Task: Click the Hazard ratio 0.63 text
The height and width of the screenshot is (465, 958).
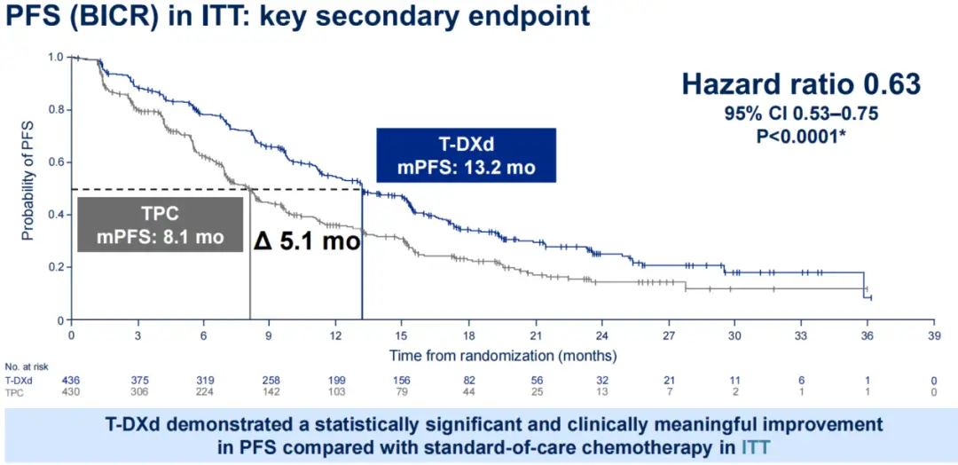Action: (x=800, y=83)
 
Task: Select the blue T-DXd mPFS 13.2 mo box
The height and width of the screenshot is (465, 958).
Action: (x=466, y=155)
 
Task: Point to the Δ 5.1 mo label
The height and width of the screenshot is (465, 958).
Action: (x=307, y=240)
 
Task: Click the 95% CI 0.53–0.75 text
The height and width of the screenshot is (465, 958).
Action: (x=800, y=116)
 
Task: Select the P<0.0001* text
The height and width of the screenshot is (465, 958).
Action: (x=800, y=136)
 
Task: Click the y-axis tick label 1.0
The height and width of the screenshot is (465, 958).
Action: (x=55, y=58)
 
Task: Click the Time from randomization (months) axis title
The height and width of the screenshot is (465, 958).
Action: (x=503, y=354)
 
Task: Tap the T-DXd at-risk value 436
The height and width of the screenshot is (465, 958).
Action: (x=71, y=380)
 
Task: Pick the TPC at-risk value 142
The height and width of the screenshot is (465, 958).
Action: (x=271, y=390)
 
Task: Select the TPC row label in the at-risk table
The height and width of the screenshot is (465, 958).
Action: (x=13, y=390)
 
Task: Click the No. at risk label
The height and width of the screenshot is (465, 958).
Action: (x=24, y=366)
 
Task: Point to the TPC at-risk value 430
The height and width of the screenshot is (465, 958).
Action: (x=71, y=390)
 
